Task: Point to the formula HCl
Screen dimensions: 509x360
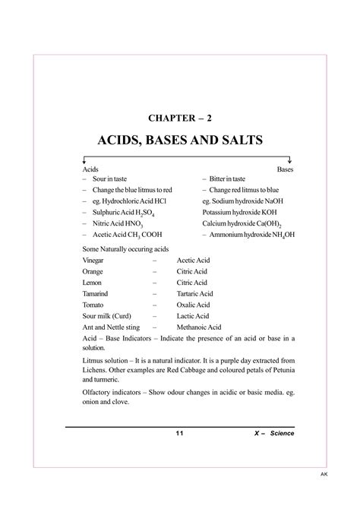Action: pyautogui.click(x=159, y=201)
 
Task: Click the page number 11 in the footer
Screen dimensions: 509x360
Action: pyautogui.click(x=179, y=433)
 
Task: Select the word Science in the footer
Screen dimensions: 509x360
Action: pyautogui.click(x=279, y=433)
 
